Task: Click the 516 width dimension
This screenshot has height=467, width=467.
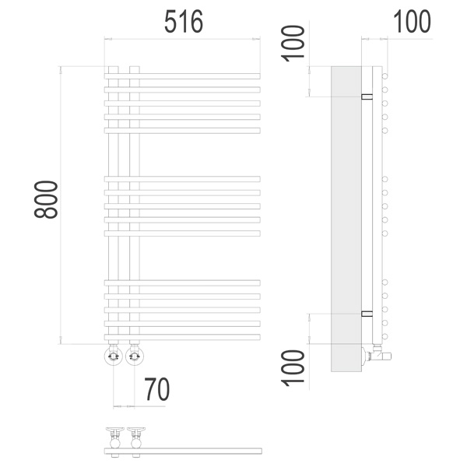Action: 184,22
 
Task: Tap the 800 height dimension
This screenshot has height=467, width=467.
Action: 46,199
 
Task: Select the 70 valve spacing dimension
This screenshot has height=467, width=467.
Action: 157,389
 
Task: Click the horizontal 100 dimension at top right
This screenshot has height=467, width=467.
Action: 412,22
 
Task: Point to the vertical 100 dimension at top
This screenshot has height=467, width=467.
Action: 293,44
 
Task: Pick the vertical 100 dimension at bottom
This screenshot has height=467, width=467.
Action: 293,368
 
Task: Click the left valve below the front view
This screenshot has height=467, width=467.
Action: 114,355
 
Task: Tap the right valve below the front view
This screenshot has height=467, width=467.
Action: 135,355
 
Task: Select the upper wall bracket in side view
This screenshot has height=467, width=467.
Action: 367,97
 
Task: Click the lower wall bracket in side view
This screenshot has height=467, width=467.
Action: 367,314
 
